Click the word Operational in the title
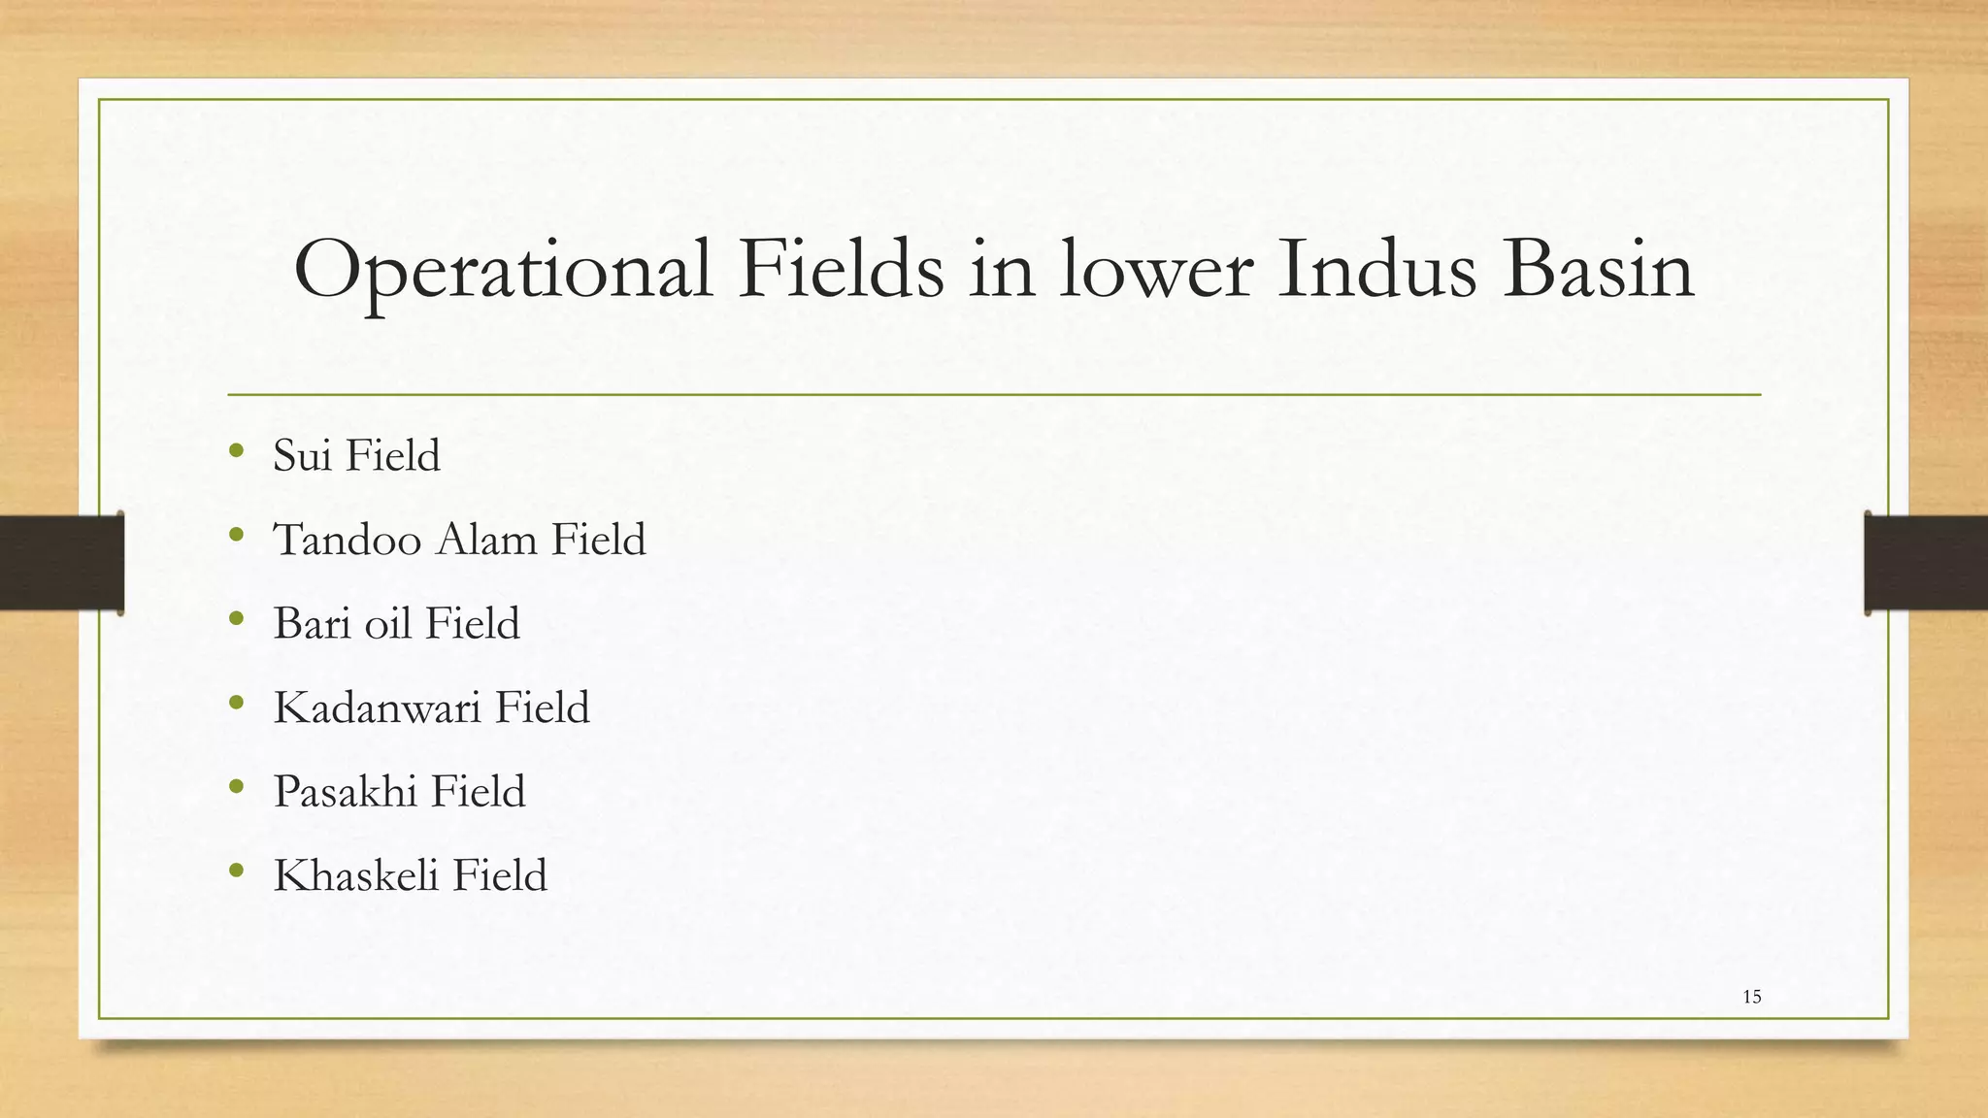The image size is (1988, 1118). (x=503, y=271)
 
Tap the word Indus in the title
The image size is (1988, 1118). (x=1376, y=269)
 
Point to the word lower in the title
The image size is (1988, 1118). (x=1156, y=271)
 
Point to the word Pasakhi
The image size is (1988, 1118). (x=345, y=791)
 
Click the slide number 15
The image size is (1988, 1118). (x=1751, y=997)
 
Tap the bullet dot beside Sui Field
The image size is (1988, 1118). (x=237, y=449)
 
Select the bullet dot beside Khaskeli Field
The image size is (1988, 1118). (x=237, y=870)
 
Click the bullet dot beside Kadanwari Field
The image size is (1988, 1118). (x=237, y=702)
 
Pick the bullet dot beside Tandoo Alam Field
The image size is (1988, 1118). (x=237, y=534)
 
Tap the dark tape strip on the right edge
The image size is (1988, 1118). (x=1926, y=563)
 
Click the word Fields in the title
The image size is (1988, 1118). (x=841, y=269)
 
